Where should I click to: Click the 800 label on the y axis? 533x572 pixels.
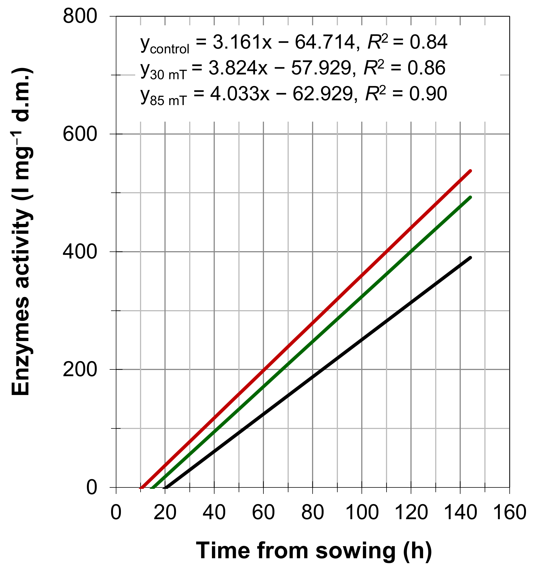(x=80, y=16)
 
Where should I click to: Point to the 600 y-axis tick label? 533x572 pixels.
(x=80, y=134)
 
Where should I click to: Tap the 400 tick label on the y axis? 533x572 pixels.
(x=80, y=252)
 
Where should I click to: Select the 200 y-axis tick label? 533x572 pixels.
(x=80, y=369)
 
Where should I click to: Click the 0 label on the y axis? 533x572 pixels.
(x=92, y=487)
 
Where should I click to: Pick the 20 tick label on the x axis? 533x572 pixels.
(x=165, y=513)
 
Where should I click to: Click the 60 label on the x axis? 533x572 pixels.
(x=263, y=513)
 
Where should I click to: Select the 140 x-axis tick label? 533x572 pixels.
(x=460, y=513)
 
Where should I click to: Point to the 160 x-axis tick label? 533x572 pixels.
(x=509, y=513)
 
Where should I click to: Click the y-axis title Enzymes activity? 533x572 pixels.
(x=21, y=231)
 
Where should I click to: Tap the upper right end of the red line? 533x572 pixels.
(x=470, y=171)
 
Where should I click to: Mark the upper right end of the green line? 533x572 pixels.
(x=470, y=197)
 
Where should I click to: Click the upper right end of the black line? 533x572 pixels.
(x=470, y=258)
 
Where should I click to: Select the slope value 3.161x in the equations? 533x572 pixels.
(x=242, y=42)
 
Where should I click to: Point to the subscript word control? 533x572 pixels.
(x=170, y=49)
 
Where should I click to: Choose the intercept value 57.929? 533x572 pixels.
(x=321, y=68)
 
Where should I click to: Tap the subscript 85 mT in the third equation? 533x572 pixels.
(x=168, y=101)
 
